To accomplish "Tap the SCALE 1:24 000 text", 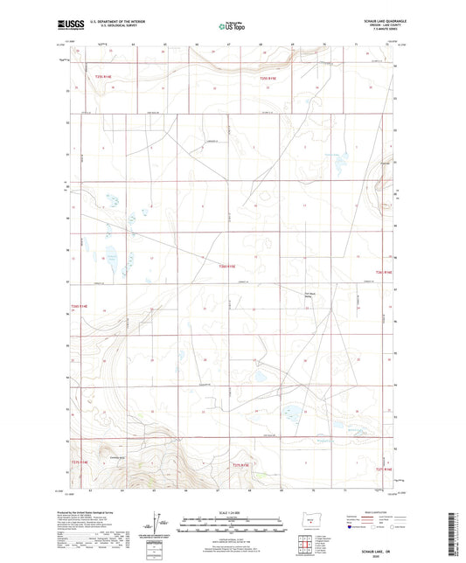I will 233,511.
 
